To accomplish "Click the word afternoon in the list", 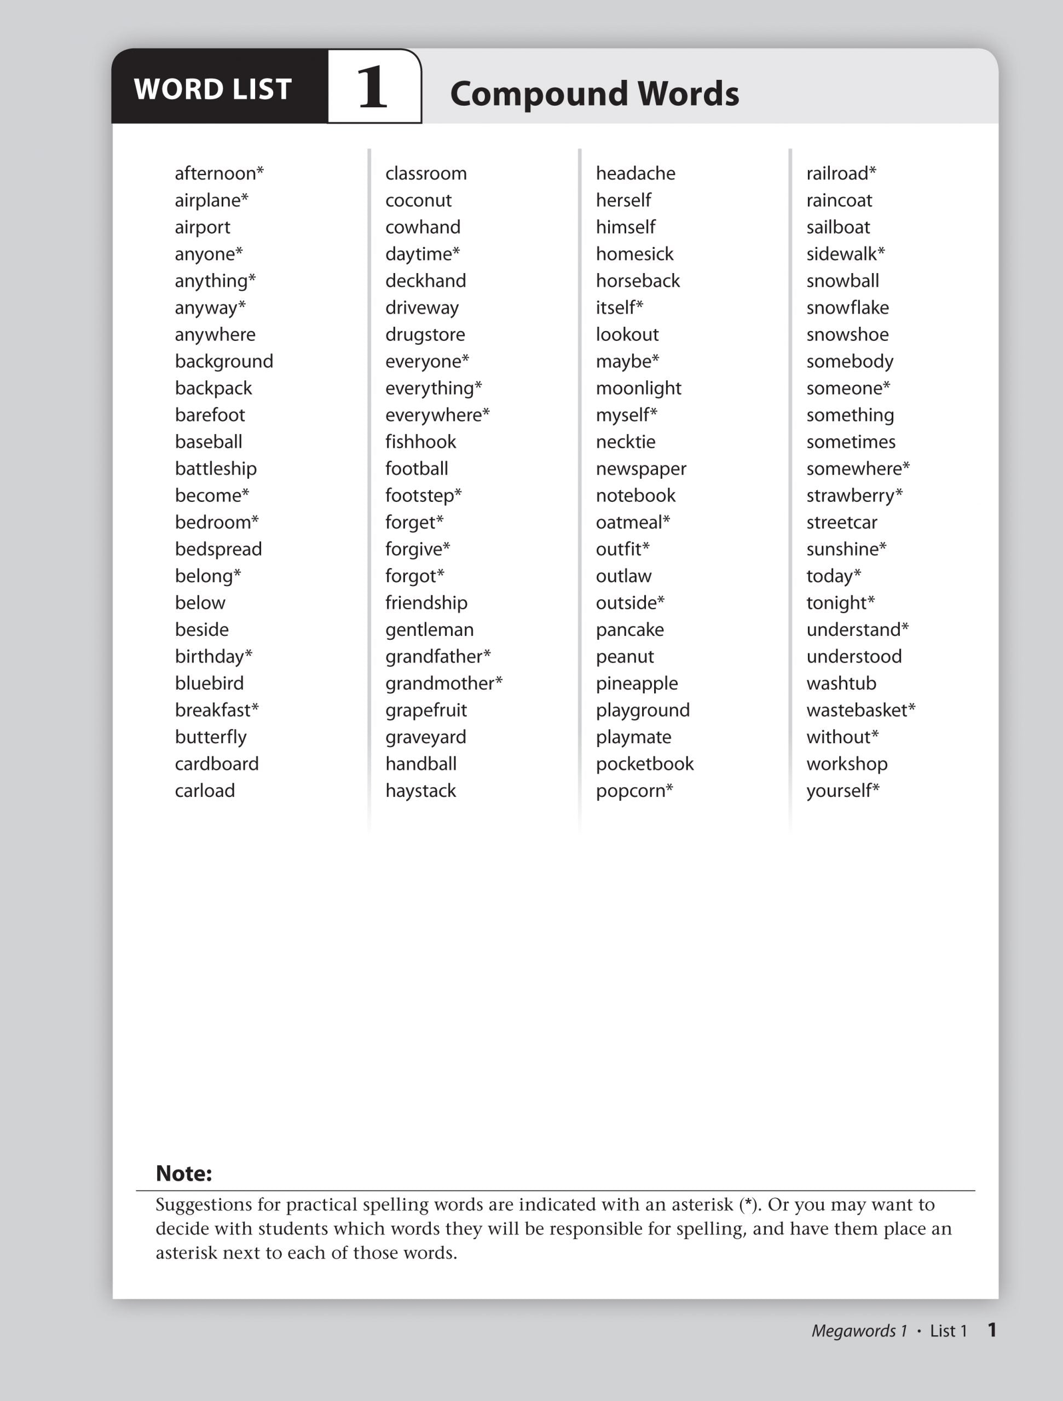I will pyautogui.click(x=215, y=173).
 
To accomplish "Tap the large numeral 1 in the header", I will pyautogui.click(x=373, y=88).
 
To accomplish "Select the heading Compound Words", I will pyautogui.click(x=594, y=94).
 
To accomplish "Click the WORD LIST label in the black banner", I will pyautogui.click(x=213, y=89).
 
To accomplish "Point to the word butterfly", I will pyautogui.click(x=210, y=737).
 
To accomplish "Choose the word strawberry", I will pyautogui.click(x=850, y=496).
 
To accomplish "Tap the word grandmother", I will pyautogui.click(x=439, y=684).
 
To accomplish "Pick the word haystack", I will pyautogui.click(x=420, y=791).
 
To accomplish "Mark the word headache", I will pyautogui.click(x=636, y=173).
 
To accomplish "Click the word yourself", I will pyautogui.click(x=839, y=791).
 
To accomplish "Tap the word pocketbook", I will pyautogui.click(x=645, y=765).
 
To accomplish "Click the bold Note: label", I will pyautogui.click(x=184, y=1174).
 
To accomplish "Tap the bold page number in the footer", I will pyautogui.click(x=992, y=1329).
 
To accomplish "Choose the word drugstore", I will pyautogui.click(x=425, y=335).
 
